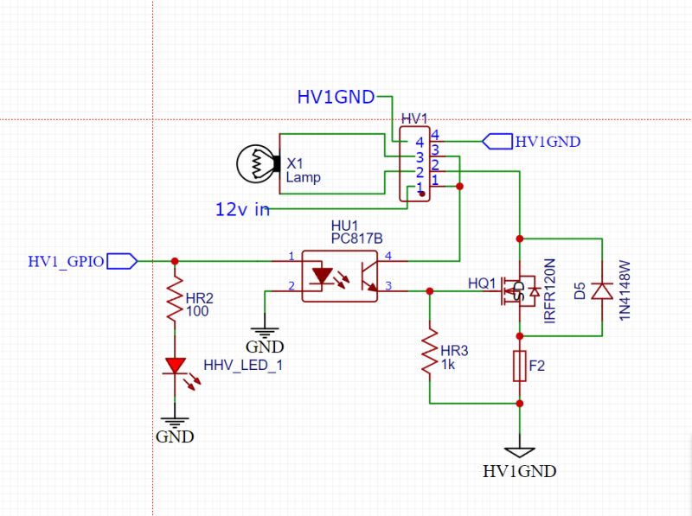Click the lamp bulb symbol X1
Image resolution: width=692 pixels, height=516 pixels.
258,162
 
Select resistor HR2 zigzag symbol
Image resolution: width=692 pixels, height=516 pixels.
176,298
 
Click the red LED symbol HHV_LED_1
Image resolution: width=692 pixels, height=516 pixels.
176,367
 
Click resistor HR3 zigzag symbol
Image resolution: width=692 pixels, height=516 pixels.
429,349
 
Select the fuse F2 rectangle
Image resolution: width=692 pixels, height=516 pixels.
519,366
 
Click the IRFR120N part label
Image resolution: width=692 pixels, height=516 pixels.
548,290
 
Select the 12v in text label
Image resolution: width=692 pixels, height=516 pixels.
242,208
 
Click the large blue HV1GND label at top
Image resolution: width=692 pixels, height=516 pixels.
336,97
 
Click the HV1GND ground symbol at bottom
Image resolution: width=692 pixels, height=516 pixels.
520,451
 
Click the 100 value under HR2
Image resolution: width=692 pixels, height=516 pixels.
196,311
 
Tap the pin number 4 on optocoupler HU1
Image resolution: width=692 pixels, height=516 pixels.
388,256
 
